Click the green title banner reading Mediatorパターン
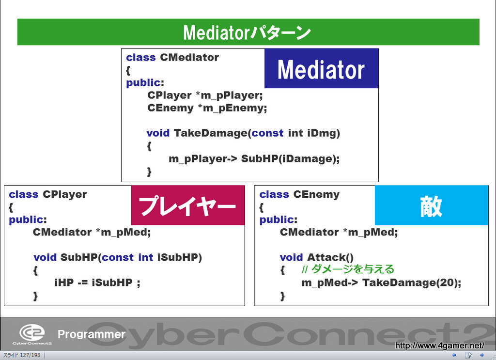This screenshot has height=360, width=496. point(248,32)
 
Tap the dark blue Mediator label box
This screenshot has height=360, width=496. point(322,68)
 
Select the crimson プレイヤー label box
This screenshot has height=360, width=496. point(188,205)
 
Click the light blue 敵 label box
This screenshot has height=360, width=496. point(432,205)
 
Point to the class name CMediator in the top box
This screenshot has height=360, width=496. point(189,57)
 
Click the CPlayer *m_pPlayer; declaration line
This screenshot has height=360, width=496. point(205,95)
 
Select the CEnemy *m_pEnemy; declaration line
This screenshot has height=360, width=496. point(207,108)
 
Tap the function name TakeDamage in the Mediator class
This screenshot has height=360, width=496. point(211,133)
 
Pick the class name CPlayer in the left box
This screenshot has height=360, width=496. point(65,194)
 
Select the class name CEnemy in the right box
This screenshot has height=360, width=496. point(316,194)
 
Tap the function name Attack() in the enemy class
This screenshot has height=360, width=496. point(330,257)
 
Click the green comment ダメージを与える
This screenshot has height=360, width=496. point(353,269)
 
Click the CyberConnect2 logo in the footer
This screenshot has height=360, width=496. point(32,335)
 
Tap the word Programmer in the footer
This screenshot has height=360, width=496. point(92,334)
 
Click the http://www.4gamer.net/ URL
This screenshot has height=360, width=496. point(440,345)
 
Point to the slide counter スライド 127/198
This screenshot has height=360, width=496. point(22,355)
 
